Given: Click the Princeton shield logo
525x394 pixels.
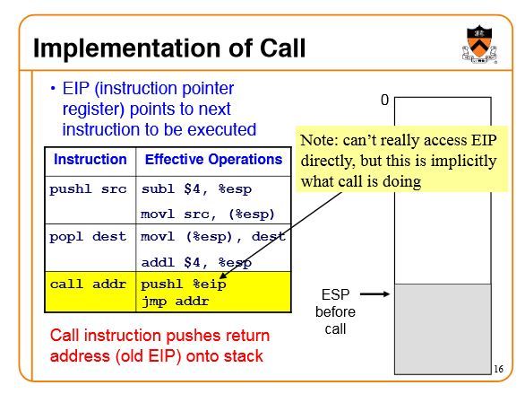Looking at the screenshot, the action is tap(479, 44).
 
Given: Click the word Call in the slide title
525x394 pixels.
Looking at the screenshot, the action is tap(282, 48).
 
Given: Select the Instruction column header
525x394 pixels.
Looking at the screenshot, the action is tap(90, 159).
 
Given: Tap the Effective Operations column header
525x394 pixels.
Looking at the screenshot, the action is tap(213, 159).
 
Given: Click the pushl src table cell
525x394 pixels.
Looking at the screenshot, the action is tap(88, 189).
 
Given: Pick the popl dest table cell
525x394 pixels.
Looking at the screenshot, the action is tap(88, 237).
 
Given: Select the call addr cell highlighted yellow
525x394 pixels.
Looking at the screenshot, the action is tap(88, 285).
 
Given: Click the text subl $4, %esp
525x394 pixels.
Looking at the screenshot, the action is tap(196, 189).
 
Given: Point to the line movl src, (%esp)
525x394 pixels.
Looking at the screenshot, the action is tap(208, 214).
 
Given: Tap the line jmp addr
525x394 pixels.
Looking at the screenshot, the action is tap(175, 302).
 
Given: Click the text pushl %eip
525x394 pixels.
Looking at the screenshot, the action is tap(184, 285).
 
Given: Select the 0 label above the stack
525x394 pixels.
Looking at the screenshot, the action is tap(384, 100).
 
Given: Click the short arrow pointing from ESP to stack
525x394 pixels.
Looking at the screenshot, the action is tap(374, 294).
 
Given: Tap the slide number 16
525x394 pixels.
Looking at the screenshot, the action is tap(498, 369).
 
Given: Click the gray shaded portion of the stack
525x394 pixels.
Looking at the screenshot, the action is tap(443, 329).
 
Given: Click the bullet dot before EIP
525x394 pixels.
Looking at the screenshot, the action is tap(53, 89).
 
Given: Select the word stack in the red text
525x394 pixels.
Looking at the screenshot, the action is tap(244, 356).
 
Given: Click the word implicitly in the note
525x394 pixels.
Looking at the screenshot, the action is tap(464, 162).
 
